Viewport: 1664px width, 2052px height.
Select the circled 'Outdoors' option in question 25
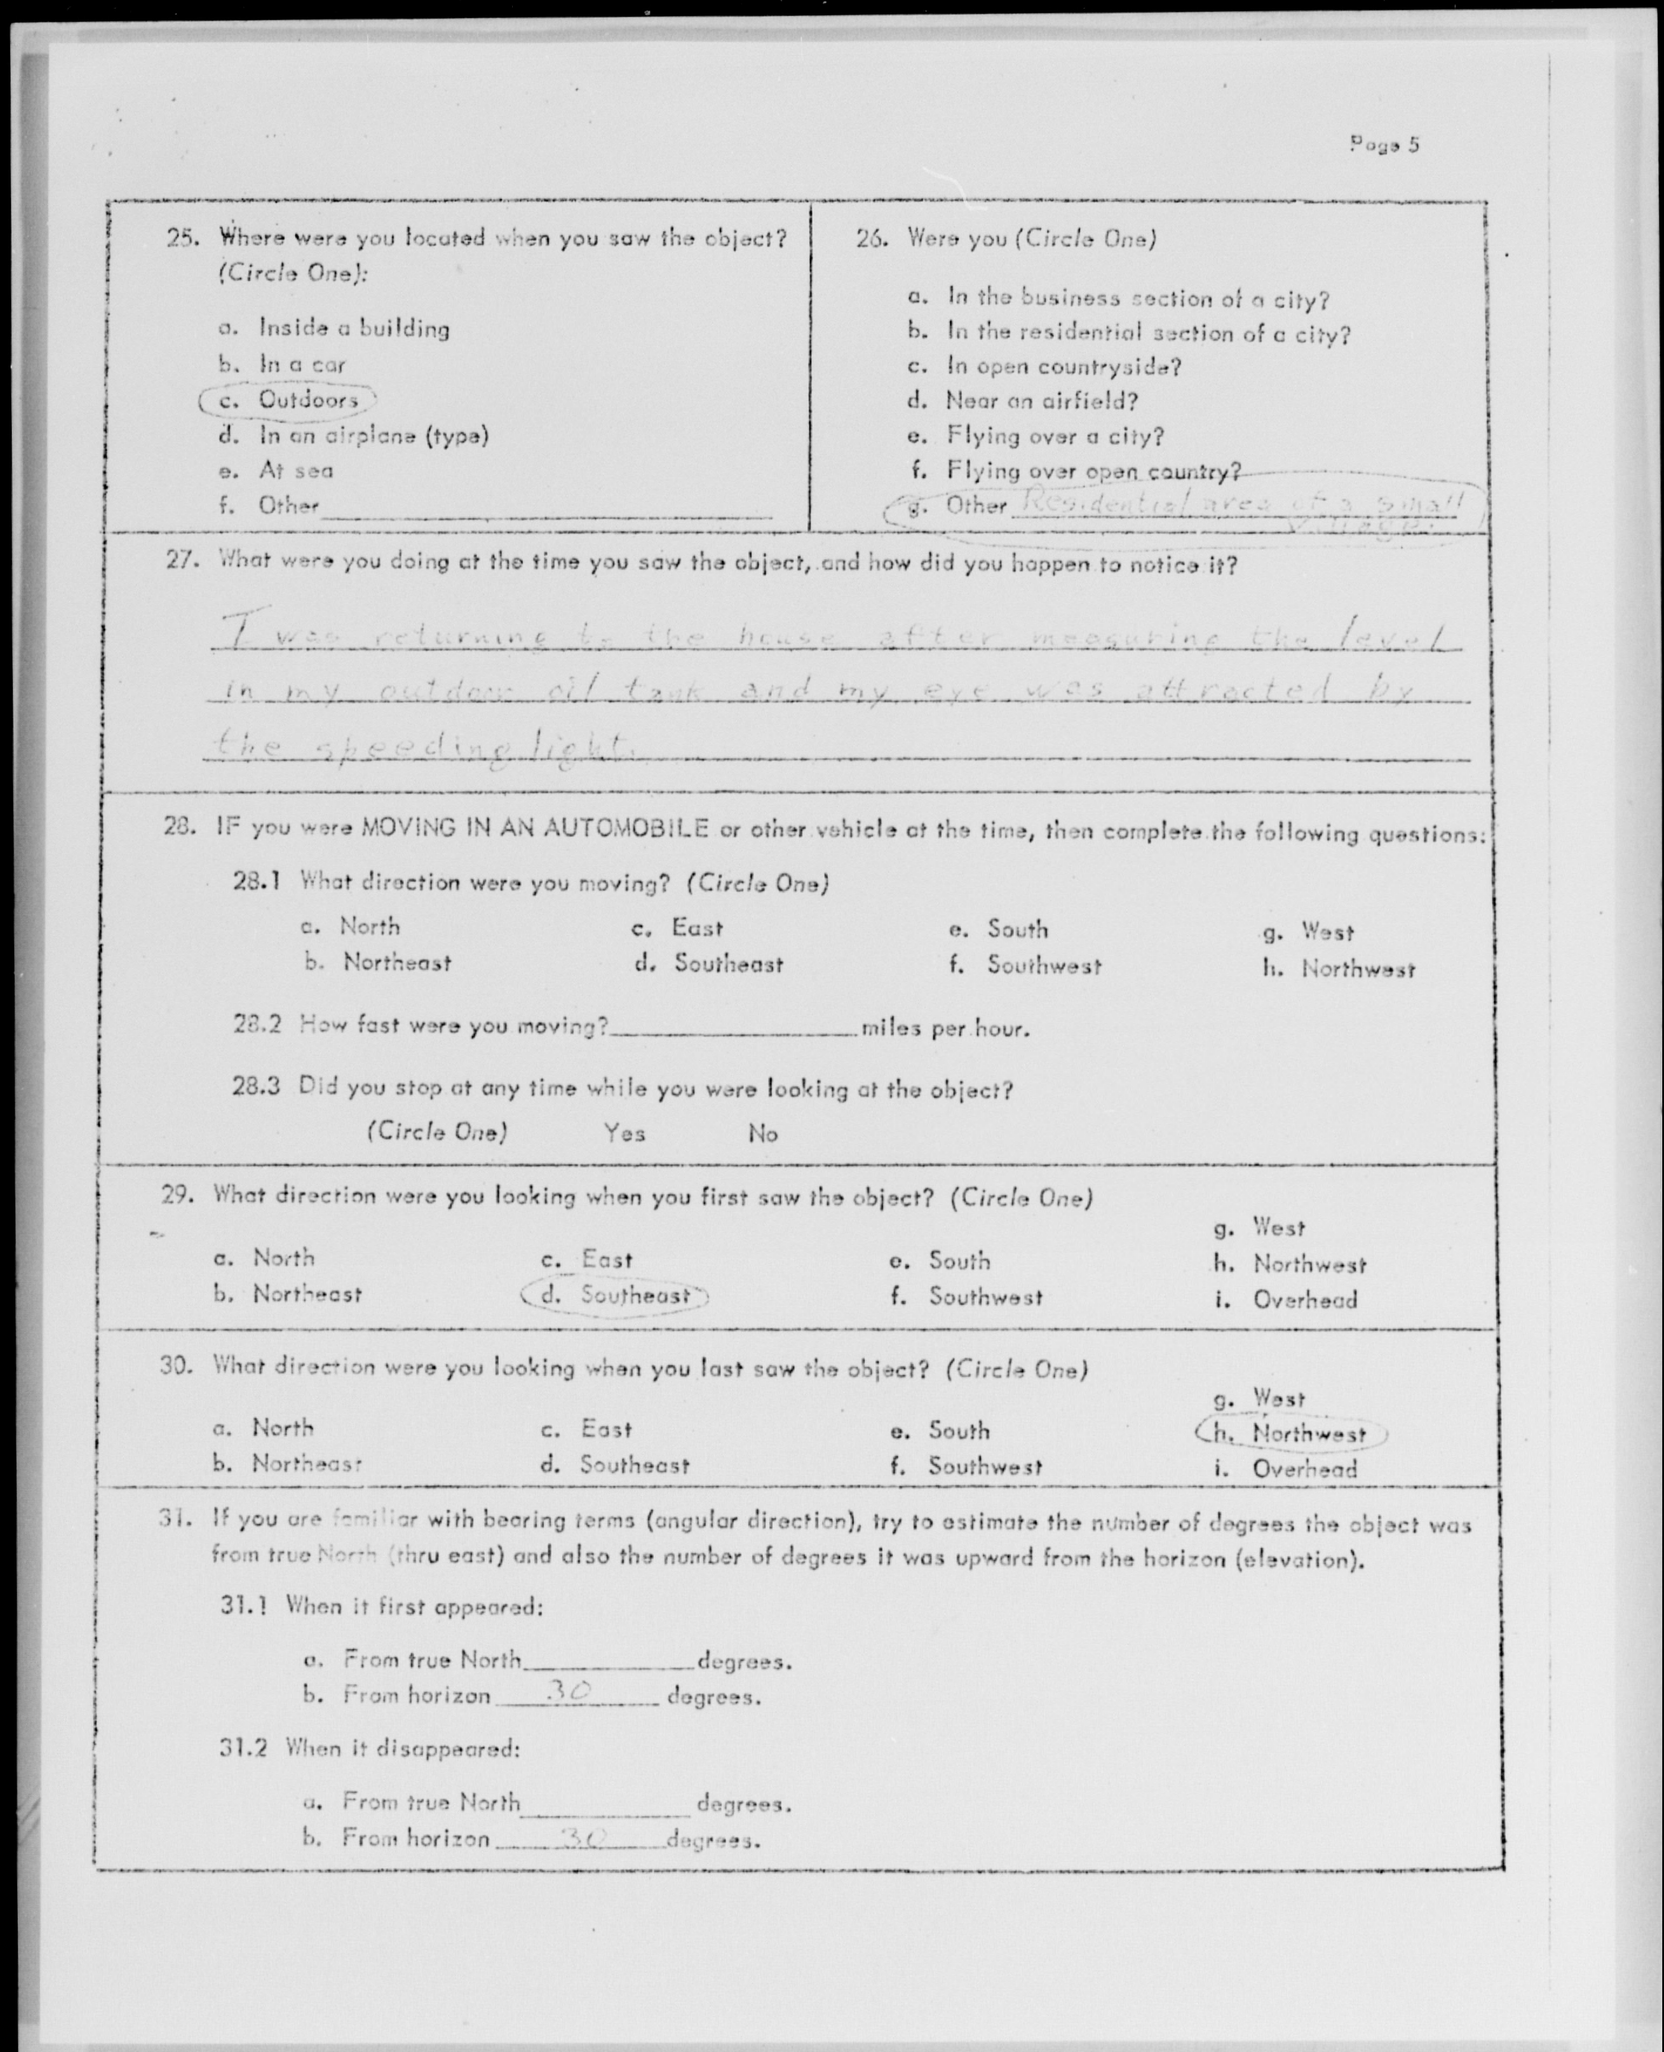pos(307,400)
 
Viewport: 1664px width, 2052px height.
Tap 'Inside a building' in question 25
pos(353,329)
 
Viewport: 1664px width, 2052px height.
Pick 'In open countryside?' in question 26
pos(1063,366)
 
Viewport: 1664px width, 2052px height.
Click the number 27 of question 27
pos(180,559)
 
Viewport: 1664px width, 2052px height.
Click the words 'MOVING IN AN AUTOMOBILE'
pos(535,828)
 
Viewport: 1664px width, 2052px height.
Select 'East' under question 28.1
pos(697,928)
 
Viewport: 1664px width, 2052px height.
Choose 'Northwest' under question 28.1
pos(1357,969)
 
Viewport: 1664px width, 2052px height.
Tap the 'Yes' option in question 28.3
pos(624,1133)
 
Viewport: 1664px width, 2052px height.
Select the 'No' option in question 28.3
pos(763,1134)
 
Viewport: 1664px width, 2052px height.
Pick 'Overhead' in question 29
pos(1304,1300)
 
